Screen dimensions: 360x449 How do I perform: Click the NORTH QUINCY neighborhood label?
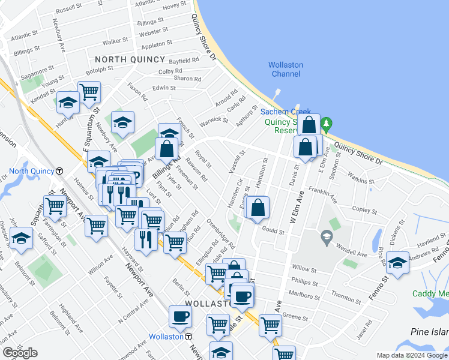point(130,59)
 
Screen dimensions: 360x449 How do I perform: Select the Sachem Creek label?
point(285,112)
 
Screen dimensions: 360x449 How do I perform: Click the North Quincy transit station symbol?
point(59,170)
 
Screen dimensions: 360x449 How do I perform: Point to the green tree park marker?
point(327,125)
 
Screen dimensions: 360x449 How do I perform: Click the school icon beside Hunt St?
point(68,103)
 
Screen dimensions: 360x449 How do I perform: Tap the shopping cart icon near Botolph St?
point(89,92)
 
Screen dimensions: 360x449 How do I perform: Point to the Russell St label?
point(68,10)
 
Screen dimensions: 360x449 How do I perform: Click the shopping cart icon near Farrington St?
point(55,206)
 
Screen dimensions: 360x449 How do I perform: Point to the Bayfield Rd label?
point(184,61)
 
